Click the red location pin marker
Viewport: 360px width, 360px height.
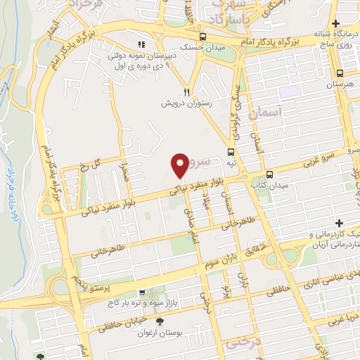[181, 165]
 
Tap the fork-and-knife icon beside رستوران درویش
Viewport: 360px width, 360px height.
[186, 91]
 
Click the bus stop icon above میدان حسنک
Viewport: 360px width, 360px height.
[203, 37]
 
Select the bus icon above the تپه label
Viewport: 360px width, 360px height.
[231, 151]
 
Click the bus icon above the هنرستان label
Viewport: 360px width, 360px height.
[340, 72]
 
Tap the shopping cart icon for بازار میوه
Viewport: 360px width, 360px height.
[142, 292]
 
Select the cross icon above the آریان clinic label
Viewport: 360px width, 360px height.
[340, 222]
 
